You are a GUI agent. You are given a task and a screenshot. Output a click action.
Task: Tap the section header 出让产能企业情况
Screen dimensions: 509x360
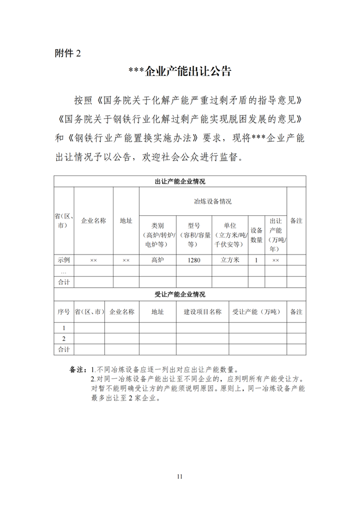180,181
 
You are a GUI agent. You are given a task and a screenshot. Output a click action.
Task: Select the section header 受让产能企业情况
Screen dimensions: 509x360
180,294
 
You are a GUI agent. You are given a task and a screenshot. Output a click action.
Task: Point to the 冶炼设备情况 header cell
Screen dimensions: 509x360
213,202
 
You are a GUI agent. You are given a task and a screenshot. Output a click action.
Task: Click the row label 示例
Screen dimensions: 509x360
64,260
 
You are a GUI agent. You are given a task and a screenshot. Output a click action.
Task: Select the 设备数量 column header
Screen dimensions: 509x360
256,235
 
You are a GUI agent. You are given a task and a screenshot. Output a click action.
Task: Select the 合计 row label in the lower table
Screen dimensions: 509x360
64,349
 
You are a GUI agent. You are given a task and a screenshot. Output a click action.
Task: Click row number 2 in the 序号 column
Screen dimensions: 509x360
64,339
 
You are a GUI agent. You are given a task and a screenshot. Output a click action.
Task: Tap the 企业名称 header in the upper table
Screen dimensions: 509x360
93,221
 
